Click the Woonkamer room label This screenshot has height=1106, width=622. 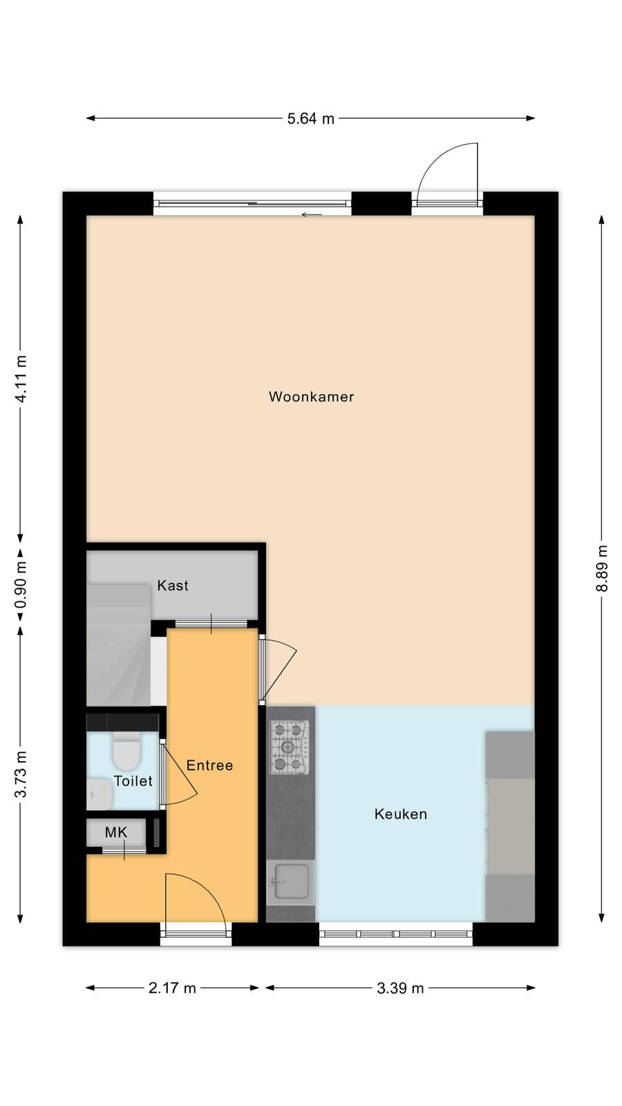(311, 397)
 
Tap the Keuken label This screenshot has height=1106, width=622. (400, 814)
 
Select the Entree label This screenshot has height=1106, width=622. (209, 765)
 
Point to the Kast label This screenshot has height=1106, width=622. (173, 585)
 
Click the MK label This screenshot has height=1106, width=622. (116, 832)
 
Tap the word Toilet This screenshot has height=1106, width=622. (133, 781)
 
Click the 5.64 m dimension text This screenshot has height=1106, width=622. (311, 118)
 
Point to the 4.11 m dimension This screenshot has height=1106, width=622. (21, 379)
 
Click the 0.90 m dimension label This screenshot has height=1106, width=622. (21, 585)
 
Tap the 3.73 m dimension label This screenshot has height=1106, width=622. (21, 774)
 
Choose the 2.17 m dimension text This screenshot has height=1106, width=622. (172, 988)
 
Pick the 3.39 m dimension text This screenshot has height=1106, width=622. (400, 988)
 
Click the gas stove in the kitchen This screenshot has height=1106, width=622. (290, 747)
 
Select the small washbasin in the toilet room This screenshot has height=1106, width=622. (100, 794)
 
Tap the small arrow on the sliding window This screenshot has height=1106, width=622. (312, 215)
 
